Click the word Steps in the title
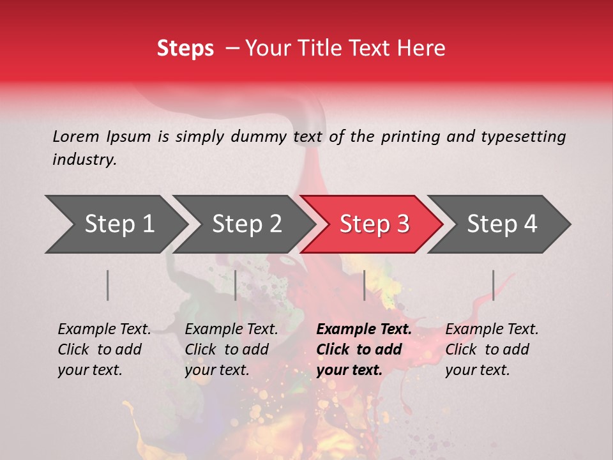pyautogui.click(x=185, y=49)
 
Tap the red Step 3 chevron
pyautogui.click(x=374, y=224)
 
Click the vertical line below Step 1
pyautogui.click(x=108, y=285)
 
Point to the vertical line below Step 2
pyautogui.click(x=236, y=285)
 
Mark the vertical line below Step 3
pyautogui.click(x=365, y=285)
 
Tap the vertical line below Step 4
pyautogui.click(x=493, y=285)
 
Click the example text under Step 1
pyautogui.click(x=104, y=349)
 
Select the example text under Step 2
pyautogui.click(x=231, y=349)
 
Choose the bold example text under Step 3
pyautogui.click(x=364, y=349)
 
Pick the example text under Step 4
pyautogui.click(x=492, y=349)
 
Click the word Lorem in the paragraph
pyautogui.click(x=75, y=137)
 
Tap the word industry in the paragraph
pyautogui.click(x=84, y=160)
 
